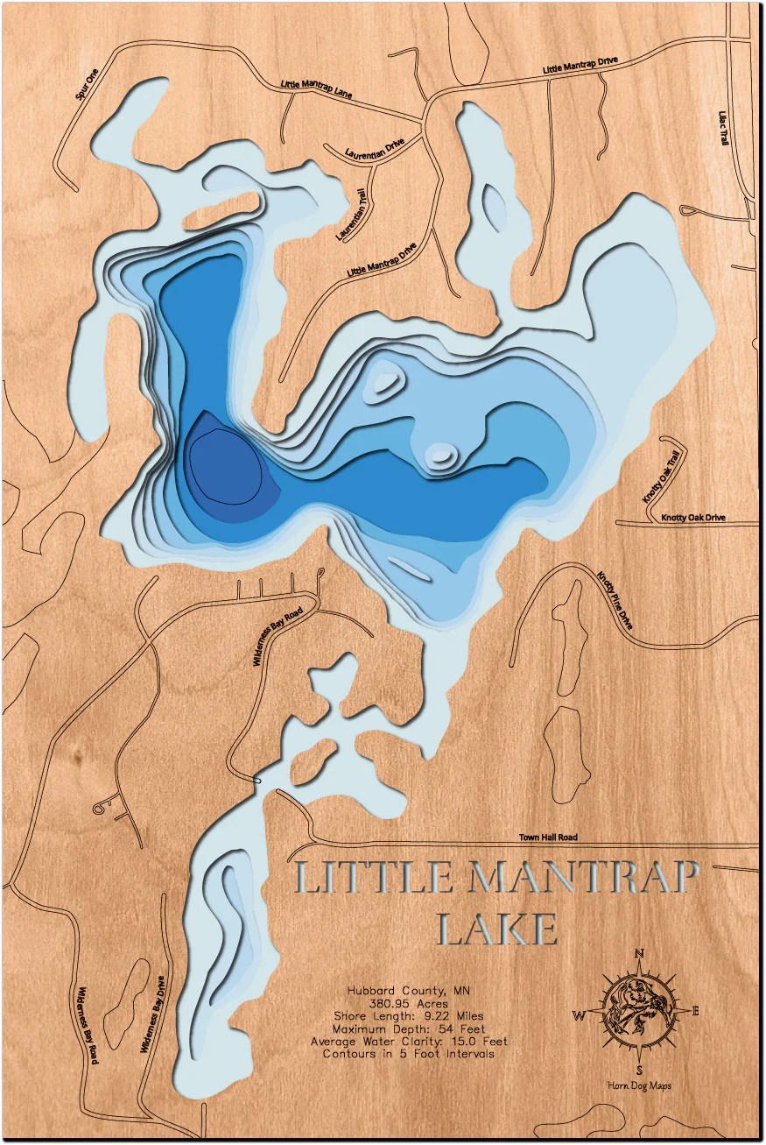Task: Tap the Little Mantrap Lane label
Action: tap(316, 89)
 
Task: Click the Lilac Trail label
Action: tap(723, 127)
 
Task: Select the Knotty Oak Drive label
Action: tap(693, 518)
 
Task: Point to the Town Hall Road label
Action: tap(548, 838)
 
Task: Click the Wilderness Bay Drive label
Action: tap(152, 1014)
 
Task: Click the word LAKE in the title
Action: tap(496, 930)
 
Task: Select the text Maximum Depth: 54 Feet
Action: tap(408, 1028)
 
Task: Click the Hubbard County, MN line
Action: tap(408, 990)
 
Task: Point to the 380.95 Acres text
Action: tap(408, 1003)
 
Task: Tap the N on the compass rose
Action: tap(640, 955)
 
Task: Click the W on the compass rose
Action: tap(579, 1015)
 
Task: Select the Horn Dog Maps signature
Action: tap(639, 1086)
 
